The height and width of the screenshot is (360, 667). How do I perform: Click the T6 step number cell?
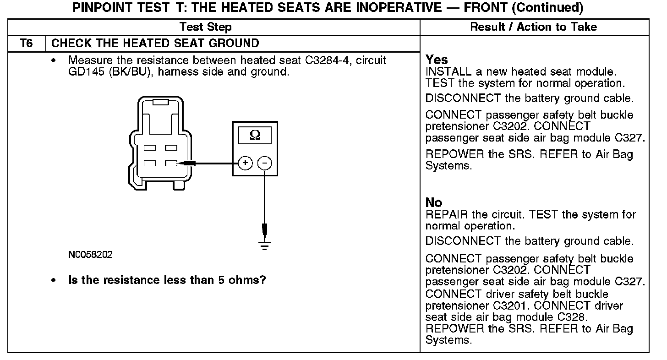[x=27, y=44]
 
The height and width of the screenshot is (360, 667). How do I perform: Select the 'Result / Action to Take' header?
[x=534, y=27]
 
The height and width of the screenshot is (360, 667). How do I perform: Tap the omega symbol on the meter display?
[x=255, y=135]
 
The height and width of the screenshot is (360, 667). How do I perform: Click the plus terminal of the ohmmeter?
[x=246, y=163]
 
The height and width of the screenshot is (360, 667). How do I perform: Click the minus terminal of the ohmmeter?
[x=264, y=163]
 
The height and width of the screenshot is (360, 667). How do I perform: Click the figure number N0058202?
[x=90, y=255]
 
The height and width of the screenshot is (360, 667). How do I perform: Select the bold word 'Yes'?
[x=437, y=60]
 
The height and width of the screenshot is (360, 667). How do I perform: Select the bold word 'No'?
[x=434, y=202]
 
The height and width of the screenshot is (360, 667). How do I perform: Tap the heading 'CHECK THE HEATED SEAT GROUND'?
[x=155, y=44]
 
